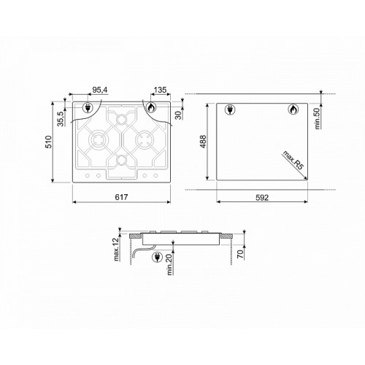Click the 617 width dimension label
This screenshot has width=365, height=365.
(x=121, y=197)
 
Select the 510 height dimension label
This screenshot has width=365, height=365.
(x=48, y=142)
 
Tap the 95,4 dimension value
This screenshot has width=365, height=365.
(x=100, y=90)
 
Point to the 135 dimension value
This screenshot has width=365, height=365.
(x=160, y=90)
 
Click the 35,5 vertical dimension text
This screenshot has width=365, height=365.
(x=61, y=119)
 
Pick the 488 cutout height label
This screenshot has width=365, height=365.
(x=203, y=142)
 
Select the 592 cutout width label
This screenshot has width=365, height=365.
(x=262, y=198)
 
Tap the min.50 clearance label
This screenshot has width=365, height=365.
(x=317, y=118)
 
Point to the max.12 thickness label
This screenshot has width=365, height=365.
(x=117, y=249)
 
